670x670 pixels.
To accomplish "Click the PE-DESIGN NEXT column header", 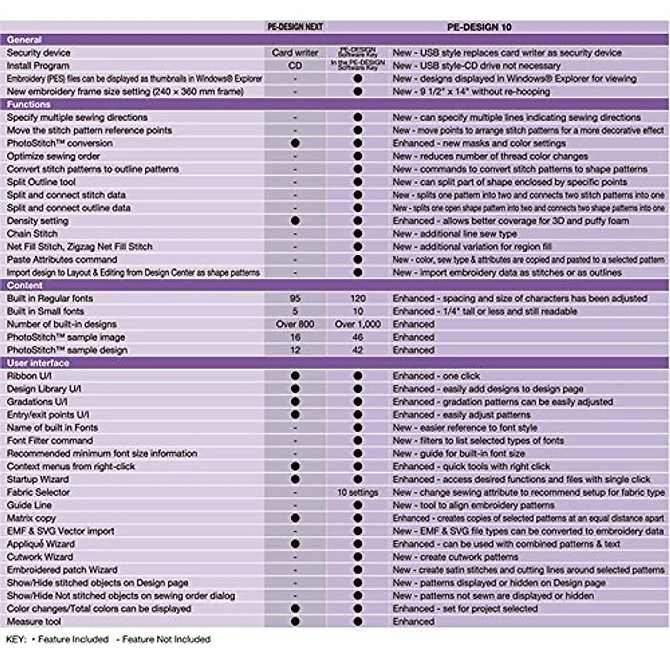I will click(295, 26).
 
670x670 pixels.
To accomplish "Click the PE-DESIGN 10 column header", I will click(480, 27).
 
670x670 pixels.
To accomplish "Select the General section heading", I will click(25, 40).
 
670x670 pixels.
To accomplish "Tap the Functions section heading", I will click(28, 104).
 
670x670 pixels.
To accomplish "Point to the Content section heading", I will click(25, 285).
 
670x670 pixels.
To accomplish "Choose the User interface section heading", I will click(38, 363).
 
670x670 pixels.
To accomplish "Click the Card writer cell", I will click(295, 52).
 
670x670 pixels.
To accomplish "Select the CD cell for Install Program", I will click(295, 65).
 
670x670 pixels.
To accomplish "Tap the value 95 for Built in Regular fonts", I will click(295, 298).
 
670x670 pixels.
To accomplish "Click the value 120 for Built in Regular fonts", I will click(358, 298).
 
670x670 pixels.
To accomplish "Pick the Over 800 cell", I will click(295, 324).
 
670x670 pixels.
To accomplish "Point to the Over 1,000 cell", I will click(358, 324).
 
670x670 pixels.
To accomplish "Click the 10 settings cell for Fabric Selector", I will click(358, 492).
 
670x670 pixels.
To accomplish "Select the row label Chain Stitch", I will click(32, 233).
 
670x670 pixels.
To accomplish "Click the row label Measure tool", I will click(34, 621).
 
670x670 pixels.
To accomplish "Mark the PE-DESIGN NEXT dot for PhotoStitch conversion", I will click(295, 143).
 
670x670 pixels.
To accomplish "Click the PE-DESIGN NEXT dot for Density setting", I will click(295, 221).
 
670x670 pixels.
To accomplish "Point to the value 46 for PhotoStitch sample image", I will click(358, 337).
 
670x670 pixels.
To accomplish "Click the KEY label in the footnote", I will click(16, 639).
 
